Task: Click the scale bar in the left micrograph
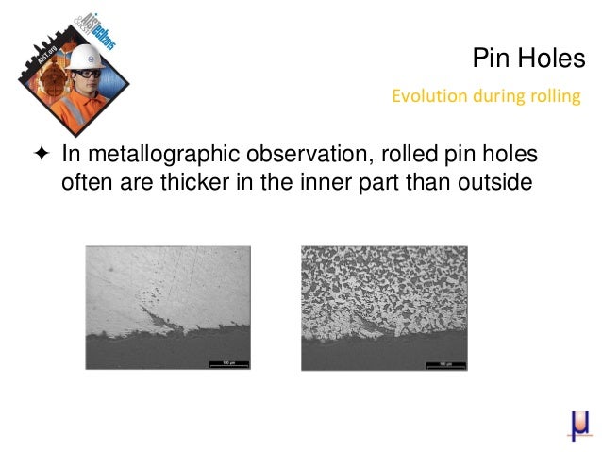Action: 226,361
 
